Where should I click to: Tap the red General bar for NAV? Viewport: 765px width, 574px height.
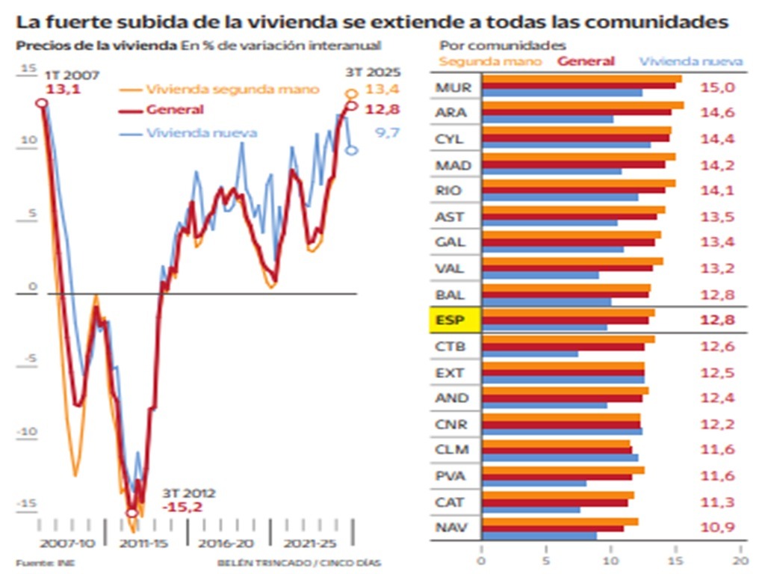point(552,528)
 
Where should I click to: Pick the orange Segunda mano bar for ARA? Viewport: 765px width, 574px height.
point(583,105)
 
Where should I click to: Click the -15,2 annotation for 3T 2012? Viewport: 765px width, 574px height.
point(182,507)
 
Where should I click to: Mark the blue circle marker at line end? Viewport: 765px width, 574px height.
point(352,150)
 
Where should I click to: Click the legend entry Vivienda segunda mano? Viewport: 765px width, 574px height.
point(232,90)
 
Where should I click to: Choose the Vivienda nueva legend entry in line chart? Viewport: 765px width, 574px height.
point(202,133)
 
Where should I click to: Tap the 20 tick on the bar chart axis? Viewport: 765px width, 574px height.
point(740,558)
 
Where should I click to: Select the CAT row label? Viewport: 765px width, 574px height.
point(450,502)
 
